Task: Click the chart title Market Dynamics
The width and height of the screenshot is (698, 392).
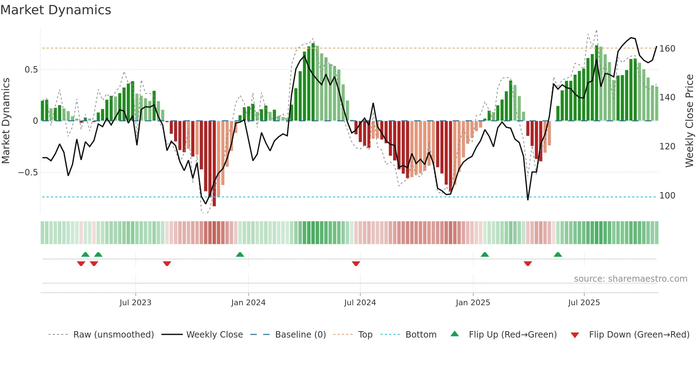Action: (56, 10)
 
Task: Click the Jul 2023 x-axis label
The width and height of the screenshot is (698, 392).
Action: (135, 303)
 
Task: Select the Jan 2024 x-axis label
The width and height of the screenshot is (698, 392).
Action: (248, 303)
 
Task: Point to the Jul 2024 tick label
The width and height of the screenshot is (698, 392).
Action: (360, 303)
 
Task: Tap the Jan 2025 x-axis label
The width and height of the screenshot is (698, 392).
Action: (473, 303)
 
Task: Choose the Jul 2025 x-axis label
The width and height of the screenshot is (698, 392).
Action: (584, 303)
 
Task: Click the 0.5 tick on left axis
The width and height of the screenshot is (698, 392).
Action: (31, 70)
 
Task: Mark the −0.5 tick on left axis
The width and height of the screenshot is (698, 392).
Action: (28, 173)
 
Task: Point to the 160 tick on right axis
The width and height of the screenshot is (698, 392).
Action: (667, 49)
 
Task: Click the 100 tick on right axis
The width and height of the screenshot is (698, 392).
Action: (667, 196)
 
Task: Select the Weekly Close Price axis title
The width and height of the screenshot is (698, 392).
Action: (690, 121)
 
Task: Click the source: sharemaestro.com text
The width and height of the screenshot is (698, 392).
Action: (630, 279)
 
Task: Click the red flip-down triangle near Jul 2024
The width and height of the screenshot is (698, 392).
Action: (356, 264)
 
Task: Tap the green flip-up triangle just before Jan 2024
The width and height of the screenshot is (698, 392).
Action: (240, 254)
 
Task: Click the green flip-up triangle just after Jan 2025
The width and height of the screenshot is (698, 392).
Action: (485, 254)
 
